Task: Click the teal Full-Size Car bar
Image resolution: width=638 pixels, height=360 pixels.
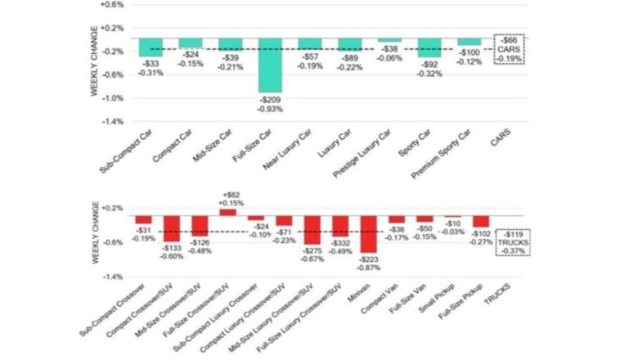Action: pyautogui.click(x=270, y=65)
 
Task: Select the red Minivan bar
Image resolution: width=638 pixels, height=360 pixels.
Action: pyautogui.click(x=369, y=234)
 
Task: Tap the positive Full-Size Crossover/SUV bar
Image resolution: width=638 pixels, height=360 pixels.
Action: pyautogui.click(x=227, y=212)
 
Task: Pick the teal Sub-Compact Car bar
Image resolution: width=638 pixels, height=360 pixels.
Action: pyautogui.click(x=151, y=47)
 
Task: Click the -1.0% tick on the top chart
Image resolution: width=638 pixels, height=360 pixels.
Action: pyautogui.click(x=112, y=97)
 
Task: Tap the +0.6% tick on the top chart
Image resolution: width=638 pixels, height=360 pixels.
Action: pyautogui.click(x=112, y=4)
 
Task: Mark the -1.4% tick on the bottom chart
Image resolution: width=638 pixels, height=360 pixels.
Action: pyautogui.click(x=112, y=277)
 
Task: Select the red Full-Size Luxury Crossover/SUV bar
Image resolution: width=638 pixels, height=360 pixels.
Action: pyautogui.click(x=340, y=227)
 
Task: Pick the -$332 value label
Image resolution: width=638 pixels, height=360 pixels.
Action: pyautogui.click(x=341, y=245)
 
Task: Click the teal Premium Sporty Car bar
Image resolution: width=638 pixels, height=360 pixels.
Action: pyautogui.click(x=470, y=41)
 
